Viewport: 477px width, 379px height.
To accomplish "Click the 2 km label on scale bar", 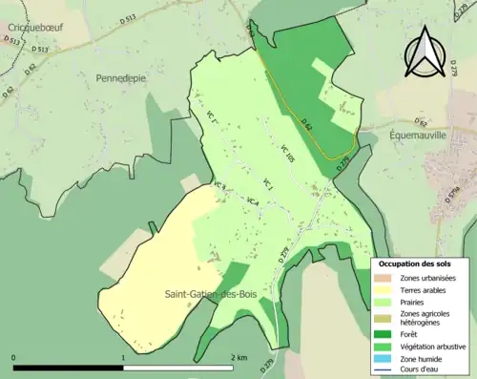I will tap(238, 357).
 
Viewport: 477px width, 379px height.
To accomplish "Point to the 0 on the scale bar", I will tap(14, 357).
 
